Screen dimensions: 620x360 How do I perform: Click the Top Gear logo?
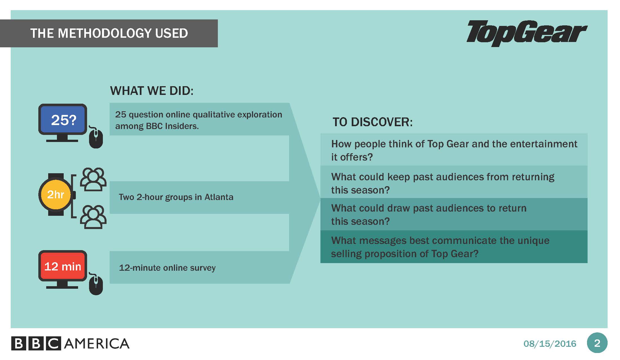[x=527, y=33]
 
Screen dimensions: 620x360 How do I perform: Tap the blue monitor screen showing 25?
[x=63, y=119]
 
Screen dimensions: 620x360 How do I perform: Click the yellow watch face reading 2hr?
[x=56, y=194]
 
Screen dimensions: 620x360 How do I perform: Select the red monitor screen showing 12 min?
[x=63, y=266]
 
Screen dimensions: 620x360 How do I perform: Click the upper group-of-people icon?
[x=93, y=179]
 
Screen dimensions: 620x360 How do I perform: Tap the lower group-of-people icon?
[x=93, y=217]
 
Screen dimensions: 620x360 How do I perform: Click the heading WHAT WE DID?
[x=152, y=91]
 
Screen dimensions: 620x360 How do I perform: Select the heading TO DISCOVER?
[x=373, y=122]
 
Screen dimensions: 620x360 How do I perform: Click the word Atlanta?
[x=219, y=197]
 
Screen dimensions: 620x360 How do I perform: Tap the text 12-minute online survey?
[x=167, y=268]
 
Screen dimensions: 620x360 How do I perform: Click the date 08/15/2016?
[x=550, y=344]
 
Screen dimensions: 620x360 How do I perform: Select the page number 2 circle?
[x=597, y=343]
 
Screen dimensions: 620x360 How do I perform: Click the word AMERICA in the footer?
[x=97, y=344]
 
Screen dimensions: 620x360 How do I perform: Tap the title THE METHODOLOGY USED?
[x=109, y=33]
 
